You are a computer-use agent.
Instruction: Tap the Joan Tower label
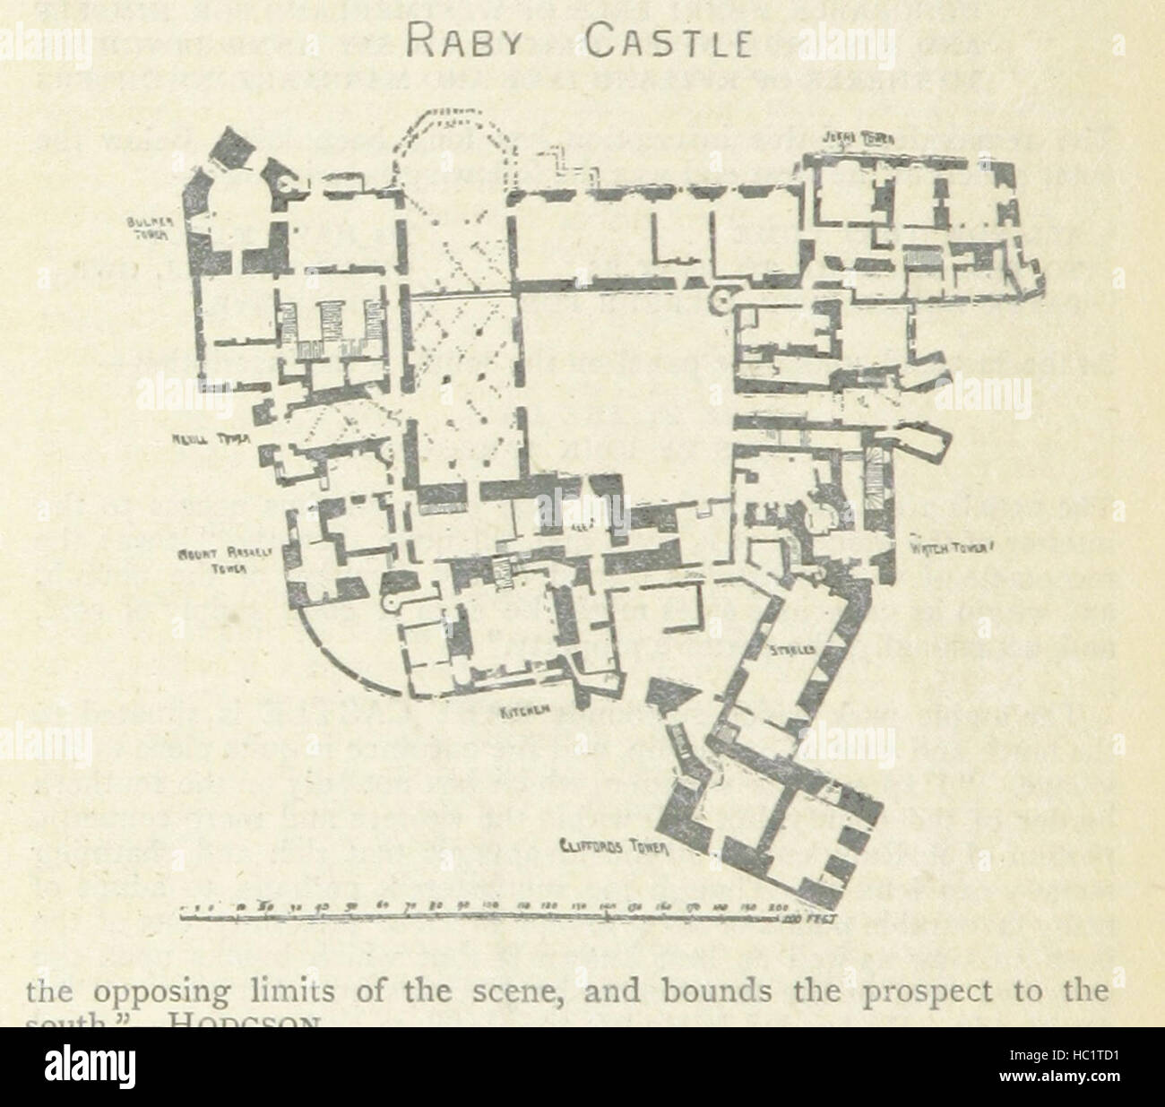pos(861,139)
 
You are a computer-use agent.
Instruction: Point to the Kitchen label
pos(524,713)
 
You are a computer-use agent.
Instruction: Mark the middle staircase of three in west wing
pos(329,317)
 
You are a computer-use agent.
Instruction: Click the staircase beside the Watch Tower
pos(874,481)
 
